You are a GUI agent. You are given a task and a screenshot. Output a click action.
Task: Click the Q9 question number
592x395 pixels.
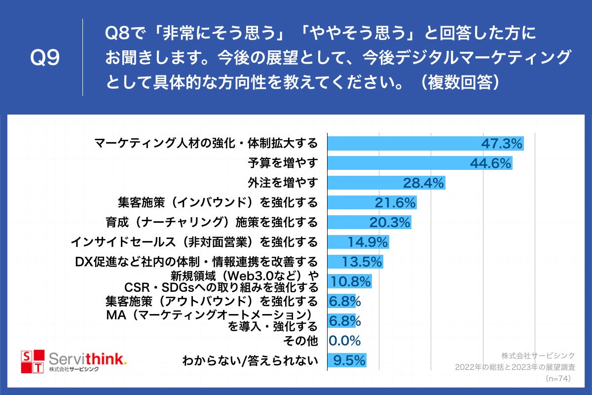(x=45, y=58)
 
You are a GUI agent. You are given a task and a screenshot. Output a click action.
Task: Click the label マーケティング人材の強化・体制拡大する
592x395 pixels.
(x=206, y=144)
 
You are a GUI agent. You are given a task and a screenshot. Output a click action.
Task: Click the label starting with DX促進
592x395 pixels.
(x=196, y=261)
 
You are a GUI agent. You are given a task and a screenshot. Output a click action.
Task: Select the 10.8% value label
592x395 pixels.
(x=350, y=281)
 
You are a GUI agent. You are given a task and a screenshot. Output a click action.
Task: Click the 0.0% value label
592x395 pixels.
(x=345, y=340)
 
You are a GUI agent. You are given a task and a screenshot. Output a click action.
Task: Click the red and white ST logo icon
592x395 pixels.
(x=32, y=362)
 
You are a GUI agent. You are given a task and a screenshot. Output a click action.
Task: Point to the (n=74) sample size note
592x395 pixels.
(x=559, y=378)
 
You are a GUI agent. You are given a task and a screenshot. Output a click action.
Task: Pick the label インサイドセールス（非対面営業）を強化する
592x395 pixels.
(x=194, y=242)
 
